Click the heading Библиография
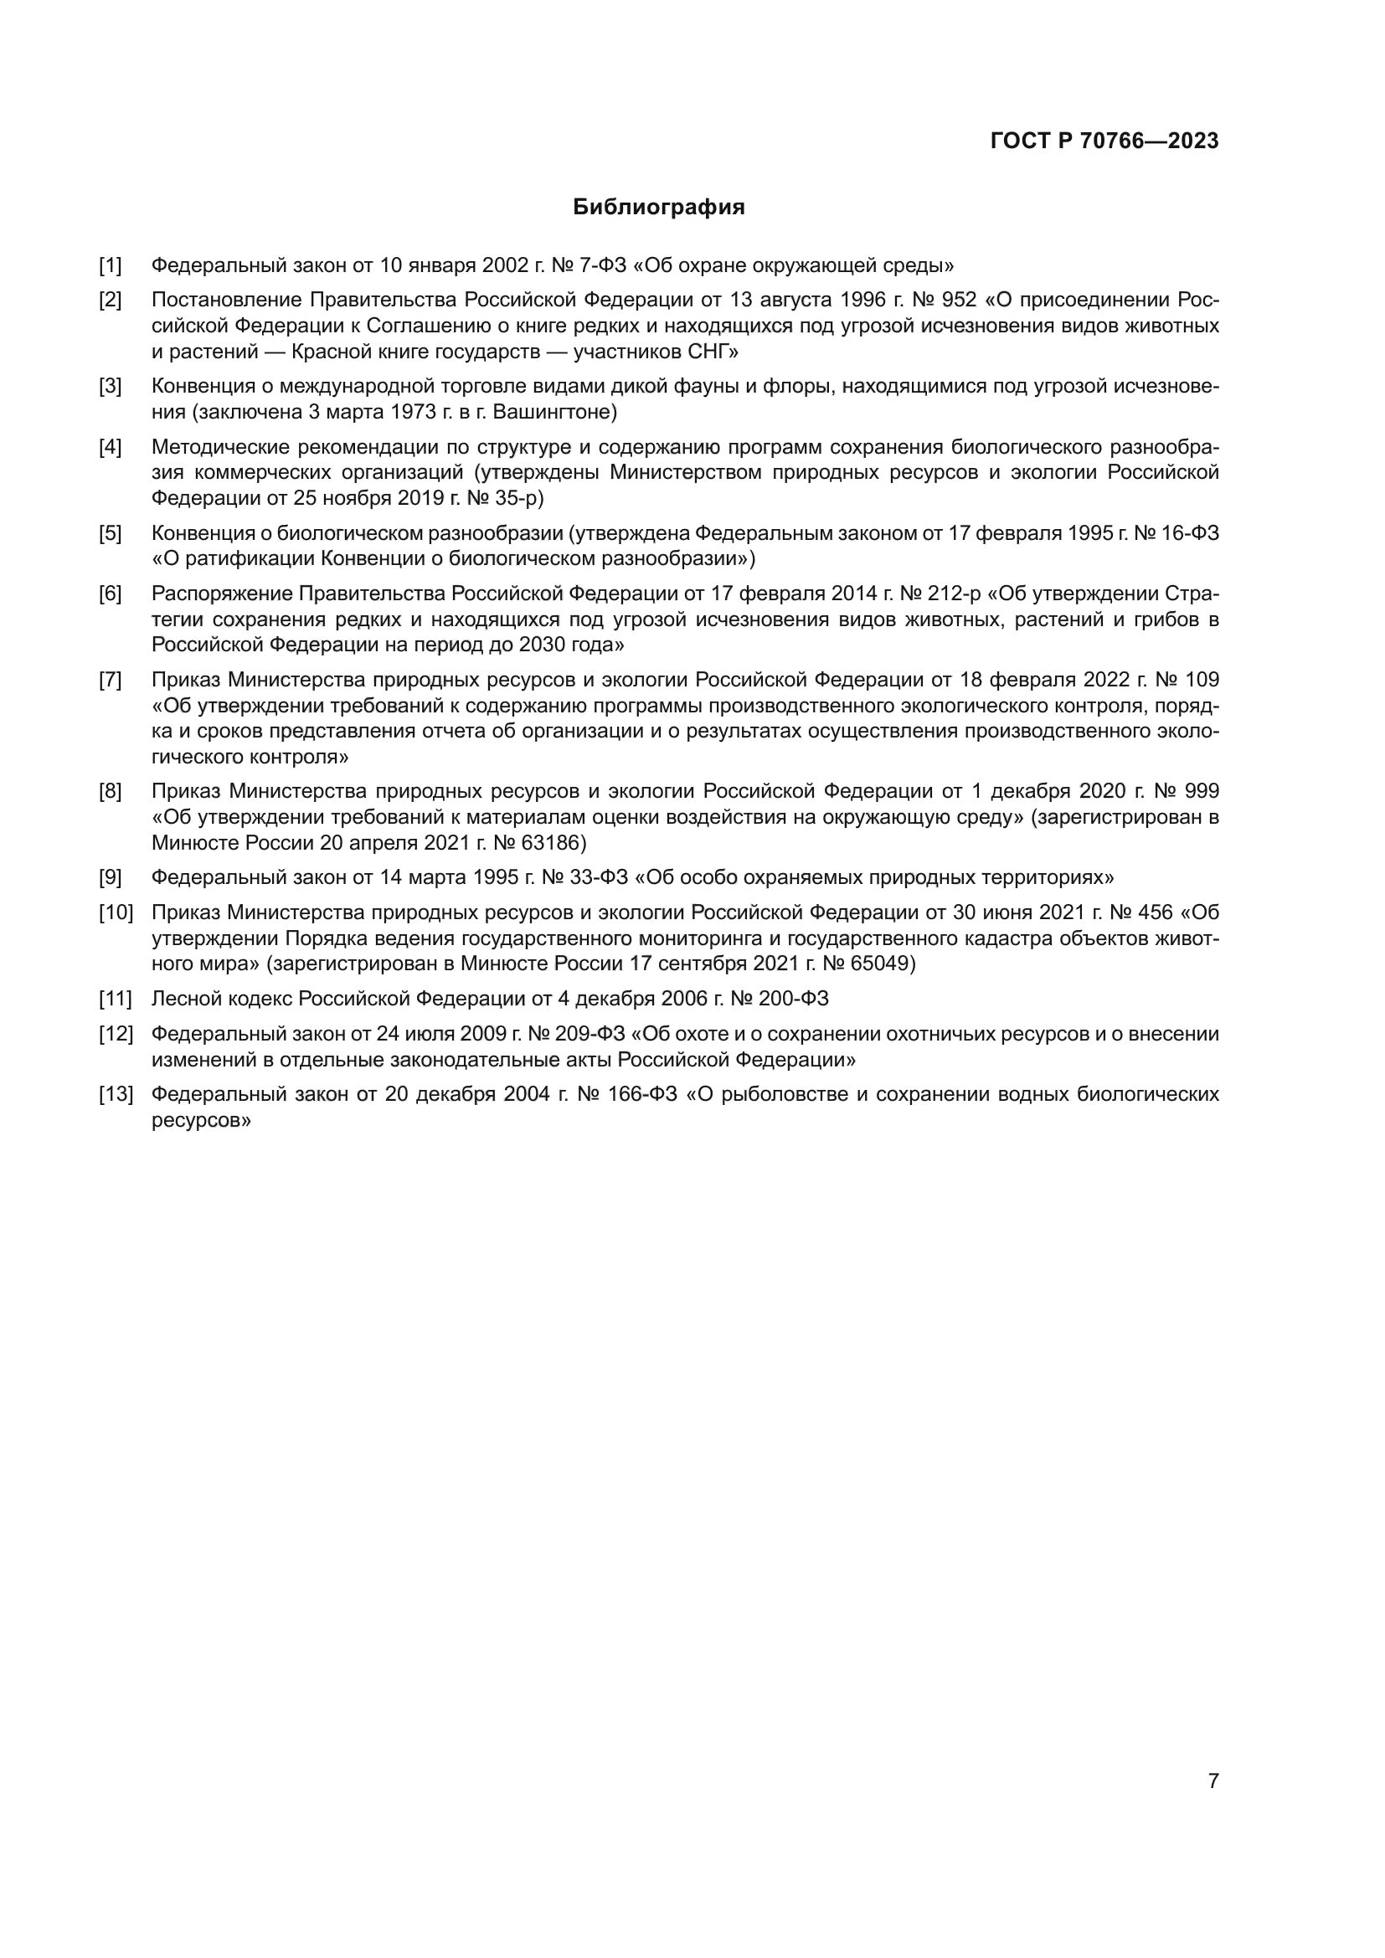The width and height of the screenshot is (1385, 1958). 658,208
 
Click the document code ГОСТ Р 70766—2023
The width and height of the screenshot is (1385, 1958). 1104,141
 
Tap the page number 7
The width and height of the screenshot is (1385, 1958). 1213,1781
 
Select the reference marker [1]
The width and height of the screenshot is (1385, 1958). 110,265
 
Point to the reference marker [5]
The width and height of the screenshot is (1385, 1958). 110,534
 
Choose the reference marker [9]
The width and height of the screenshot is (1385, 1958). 110,877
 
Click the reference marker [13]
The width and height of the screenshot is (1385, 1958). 116,1094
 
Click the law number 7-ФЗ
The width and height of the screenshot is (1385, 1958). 603,265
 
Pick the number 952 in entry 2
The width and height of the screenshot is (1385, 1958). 959,301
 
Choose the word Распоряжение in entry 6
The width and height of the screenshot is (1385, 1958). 222,594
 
